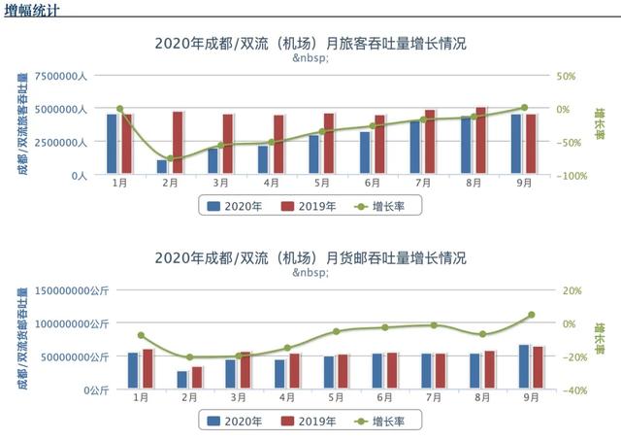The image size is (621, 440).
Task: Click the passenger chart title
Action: (x=310, y=44)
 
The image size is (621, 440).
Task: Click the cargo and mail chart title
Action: (x=310, y=258)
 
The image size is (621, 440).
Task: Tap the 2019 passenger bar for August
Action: (x=481, y=141)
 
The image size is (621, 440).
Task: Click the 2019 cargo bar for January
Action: (x=147, y=369)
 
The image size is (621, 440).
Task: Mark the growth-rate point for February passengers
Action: (x=170, y=158)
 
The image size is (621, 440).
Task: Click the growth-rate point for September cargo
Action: (x=531, y=315)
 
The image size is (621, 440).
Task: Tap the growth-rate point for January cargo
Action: (x=141, y=335)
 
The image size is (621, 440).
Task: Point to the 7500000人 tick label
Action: (x=61, y=76)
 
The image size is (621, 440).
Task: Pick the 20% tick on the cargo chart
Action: (x=572, y=290)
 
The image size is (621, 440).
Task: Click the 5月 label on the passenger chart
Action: (x=321, y=183)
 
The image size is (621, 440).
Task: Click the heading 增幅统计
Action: (x=30, y=10)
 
